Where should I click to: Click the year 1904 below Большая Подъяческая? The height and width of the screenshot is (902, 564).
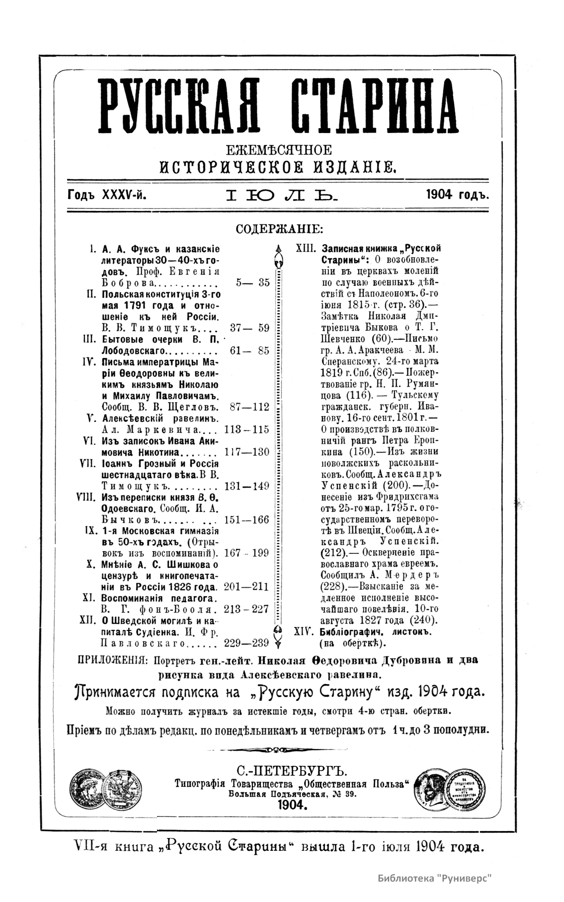click(291, 805)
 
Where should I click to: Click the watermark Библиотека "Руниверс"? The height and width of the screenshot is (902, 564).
click(437, 878)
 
